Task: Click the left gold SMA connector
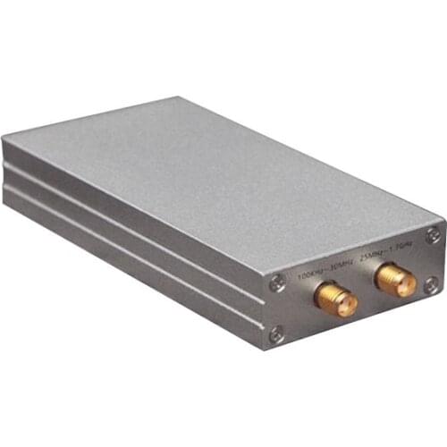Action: [x=336, y=300]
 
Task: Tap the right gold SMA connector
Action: [x=395, y=279]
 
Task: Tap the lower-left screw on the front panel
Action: [x=276, y=333]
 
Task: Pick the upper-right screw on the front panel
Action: [x=433, y=234]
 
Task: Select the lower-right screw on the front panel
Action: [x=430, y=285]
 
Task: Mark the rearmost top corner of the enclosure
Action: [x=174, y=98]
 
